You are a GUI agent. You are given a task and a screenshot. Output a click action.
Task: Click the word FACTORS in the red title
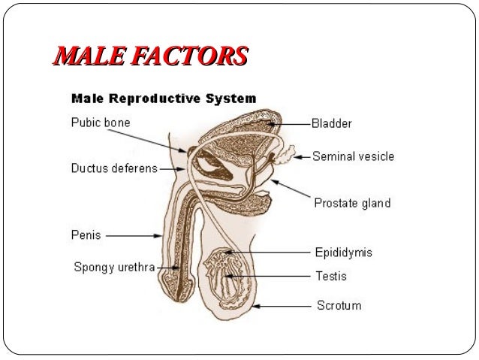click(198, 56)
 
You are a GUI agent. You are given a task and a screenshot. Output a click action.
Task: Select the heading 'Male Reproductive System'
click(163, 98)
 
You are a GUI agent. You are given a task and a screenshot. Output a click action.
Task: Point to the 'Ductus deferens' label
click(114, 168)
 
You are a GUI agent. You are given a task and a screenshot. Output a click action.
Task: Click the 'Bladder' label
click(332, 123)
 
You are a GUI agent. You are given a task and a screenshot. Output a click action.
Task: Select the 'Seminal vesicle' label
click(353, 157)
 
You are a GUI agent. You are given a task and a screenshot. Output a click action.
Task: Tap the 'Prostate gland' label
click(351, 203)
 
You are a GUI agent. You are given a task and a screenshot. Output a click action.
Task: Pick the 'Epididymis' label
click(342, 253)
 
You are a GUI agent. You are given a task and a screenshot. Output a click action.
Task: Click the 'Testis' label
click(330, 276)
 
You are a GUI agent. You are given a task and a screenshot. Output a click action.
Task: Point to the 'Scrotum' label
click(337, 305)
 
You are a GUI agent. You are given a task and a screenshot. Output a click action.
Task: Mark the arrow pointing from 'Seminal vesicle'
click(302, 157)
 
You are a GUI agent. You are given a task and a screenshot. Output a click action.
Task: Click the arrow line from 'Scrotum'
click(285, 307)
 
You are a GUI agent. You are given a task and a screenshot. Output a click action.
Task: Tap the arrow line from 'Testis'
click(274, 277)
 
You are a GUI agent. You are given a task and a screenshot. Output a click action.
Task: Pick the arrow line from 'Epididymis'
click(270, 253)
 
